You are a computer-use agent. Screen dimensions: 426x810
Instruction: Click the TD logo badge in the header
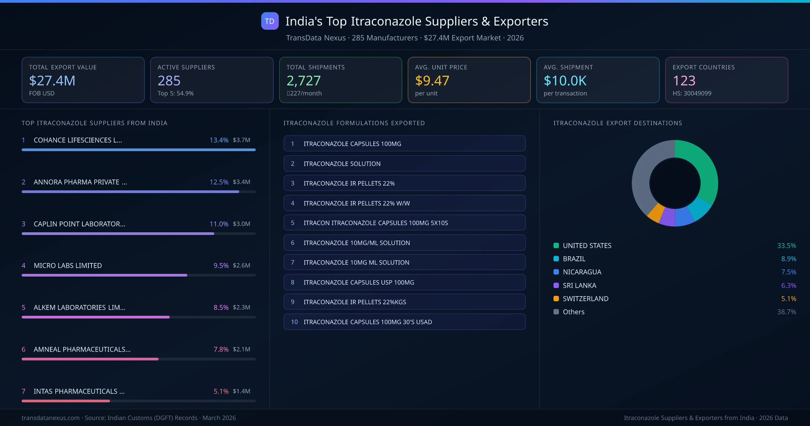(270, 21)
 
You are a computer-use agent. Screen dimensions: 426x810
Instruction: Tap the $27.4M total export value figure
(52, 80)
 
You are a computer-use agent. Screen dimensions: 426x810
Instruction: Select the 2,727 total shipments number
(303, 80)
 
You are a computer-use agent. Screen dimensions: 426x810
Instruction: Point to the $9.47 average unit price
(432, 80)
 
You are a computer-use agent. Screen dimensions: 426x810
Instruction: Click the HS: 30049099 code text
(692, 93)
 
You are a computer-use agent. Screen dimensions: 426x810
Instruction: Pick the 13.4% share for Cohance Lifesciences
(219, 140)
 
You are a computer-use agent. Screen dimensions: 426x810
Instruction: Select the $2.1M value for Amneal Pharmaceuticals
(241, 349)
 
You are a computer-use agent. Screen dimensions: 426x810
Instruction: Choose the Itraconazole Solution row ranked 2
(404, 164)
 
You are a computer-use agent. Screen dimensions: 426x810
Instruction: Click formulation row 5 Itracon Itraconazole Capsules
(404, 223)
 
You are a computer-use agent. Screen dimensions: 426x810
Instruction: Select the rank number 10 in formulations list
(294, 322)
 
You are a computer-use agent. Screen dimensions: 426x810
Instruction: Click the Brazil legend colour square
(556, 259)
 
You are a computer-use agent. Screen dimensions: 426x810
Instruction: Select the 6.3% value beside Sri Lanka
(788, 285)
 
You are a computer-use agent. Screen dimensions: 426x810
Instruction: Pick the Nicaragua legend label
(582, 272)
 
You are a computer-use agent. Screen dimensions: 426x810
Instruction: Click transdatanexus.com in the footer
(51, 418)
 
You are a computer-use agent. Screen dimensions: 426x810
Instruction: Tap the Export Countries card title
(703, 67)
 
